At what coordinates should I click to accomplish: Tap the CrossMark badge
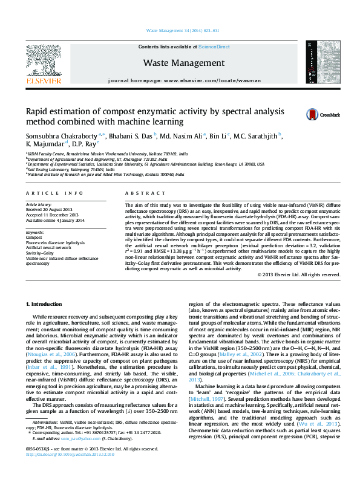click(x=315, y=114)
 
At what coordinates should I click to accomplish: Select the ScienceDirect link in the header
click(x=214, y=47)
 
